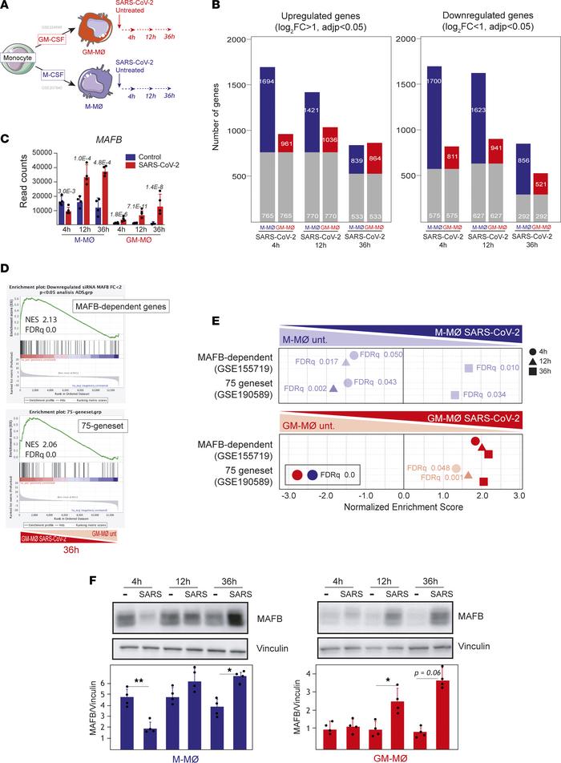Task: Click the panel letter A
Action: [6, 7]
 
